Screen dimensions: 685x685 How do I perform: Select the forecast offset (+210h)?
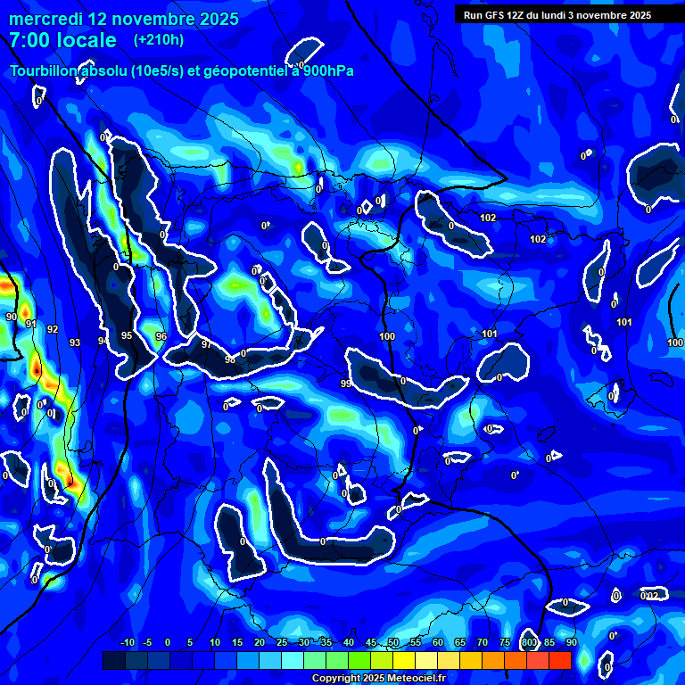[x=158, y=40]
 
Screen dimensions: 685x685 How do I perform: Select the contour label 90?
[x=12, y=317]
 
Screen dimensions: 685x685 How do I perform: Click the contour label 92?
[x=53, y=329]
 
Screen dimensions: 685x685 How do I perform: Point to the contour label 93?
[x=75, y=342]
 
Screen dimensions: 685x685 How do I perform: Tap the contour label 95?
[x=127, y=335]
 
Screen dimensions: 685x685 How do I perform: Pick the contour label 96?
[x=161, y=336]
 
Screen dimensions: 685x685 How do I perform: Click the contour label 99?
[x=346, y=384]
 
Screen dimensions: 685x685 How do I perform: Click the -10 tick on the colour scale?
[x=127, y=642]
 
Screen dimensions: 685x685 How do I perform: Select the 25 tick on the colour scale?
[x=281, y=642]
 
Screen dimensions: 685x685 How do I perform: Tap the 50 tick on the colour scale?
[x=393, y=642]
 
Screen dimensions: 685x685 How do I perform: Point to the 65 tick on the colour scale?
[x=460, y=642]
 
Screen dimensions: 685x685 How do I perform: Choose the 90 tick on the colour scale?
[x=571, y=642]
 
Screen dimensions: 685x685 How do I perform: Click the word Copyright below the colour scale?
[x=336, y=679]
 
